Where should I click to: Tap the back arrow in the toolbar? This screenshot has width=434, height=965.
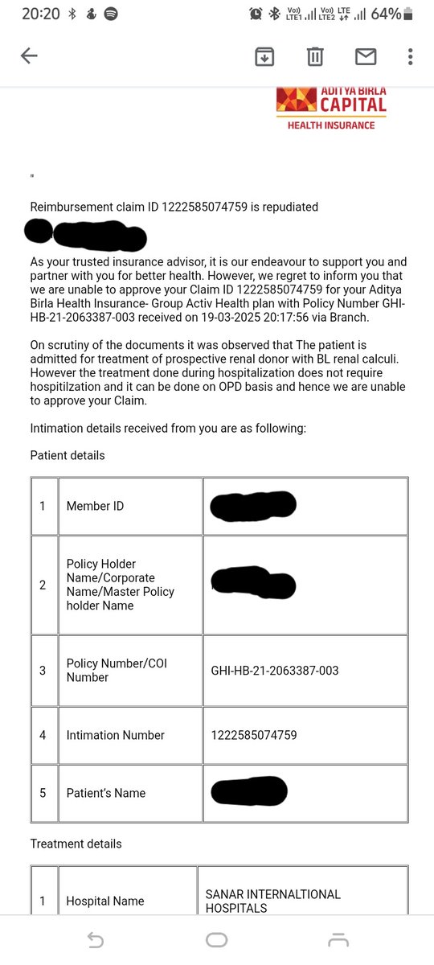click(29, 56)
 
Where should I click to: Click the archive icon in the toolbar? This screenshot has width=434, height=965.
click(264, 56)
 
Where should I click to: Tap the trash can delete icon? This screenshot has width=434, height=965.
click(315, 56)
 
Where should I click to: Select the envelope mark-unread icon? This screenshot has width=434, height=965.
click(366, 56)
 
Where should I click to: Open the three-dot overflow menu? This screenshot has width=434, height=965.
click(410, 56)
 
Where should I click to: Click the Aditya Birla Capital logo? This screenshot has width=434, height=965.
click(331, 108)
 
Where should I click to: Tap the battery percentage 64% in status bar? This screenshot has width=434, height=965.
click(386, 14)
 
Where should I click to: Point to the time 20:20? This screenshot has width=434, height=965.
click(40, 14)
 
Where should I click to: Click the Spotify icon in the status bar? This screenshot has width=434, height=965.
click(111, 14)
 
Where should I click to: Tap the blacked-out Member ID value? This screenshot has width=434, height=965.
click(253, 505)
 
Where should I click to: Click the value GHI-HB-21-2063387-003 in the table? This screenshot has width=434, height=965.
click(275, 671)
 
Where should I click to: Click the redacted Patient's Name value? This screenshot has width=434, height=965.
click(249, 791)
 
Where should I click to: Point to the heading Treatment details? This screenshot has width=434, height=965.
click(76, 844)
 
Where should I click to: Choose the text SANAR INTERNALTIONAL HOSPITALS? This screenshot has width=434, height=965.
click(273, 901)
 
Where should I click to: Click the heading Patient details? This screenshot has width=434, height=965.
click(68, 455)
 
